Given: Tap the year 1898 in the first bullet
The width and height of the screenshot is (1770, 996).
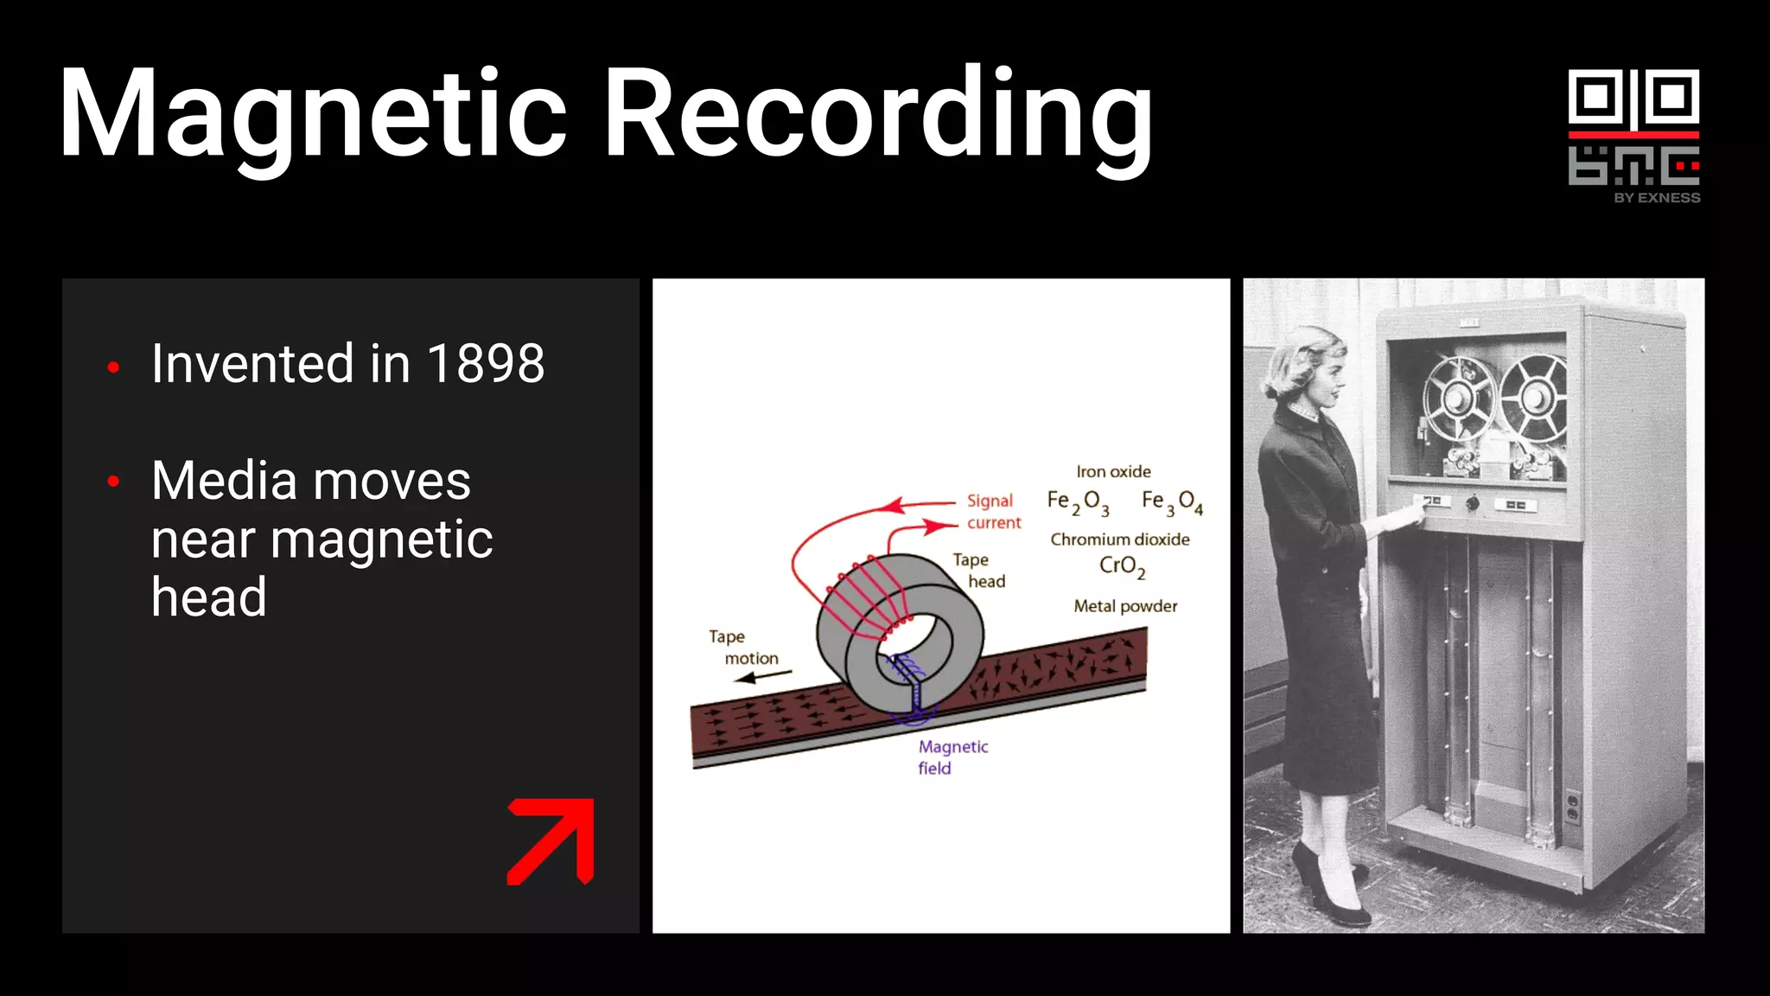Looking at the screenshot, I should pyautogui.click(x=486, y=363).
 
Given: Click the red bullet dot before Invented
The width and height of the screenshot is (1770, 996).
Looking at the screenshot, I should pyautogui.click(x=113, y=367).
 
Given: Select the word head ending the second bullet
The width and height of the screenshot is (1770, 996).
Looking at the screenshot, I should pyautogui.click(x=208, y=597).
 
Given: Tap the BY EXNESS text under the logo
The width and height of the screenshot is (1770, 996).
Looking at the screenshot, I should pyautogui.click(x=1657, y=198).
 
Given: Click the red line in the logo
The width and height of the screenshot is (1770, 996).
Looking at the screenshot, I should pyautogui.click(x=1633, y=135).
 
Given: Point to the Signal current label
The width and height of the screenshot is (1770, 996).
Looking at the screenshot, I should pyautogui.click(x=993, y=512).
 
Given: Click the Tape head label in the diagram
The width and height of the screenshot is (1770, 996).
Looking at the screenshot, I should pyautogui.click(x=979, y=571).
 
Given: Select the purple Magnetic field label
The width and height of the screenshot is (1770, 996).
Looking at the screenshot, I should pyautogui.click(x=952, y=757).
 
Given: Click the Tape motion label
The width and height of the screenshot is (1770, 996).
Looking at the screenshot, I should pyautogui.click(x=742, y=648).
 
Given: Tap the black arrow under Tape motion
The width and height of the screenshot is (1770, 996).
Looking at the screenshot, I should pyautogui.click(x=762, y=677).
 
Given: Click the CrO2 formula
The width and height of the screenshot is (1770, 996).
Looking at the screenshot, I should pyautogui.click(x=1121, y=567).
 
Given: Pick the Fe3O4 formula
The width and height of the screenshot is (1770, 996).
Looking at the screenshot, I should pyautogui.click(x=1171, y=502).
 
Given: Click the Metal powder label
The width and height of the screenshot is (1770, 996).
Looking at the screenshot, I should pyautogui.click(x=1125, y=606).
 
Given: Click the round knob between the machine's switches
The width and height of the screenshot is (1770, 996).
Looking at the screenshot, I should pyautogui.click(x=1473, y=502).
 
